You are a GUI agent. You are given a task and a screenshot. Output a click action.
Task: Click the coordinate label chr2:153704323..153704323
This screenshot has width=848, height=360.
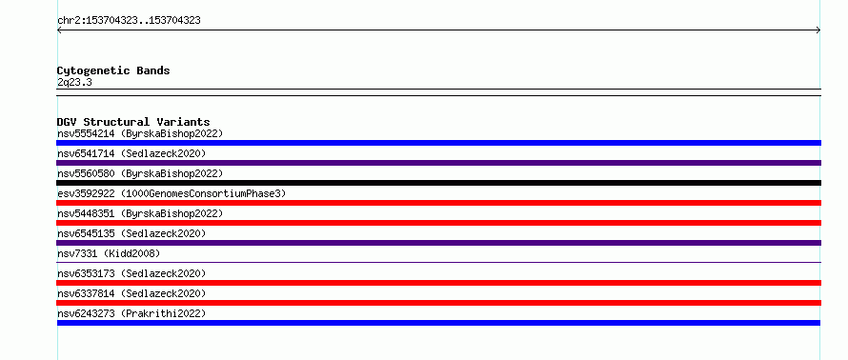pyautogui.click(x=129, y=21)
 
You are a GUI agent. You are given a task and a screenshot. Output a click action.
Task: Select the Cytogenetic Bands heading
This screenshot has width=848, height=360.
pyautogui.click(x=113, y=70)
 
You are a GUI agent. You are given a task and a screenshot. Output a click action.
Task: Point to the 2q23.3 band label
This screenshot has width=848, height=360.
pyautogui.click(x=74, y=83)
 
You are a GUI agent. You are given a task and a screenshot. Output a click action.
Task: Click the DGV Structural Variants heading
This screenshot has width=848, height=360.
pyautogui.click(x=133, y=122)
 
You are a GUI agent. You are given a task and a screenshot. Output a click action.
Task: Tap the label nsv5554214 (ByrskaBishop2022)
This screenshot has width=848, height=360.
pyautogui.click(x=140, y=133)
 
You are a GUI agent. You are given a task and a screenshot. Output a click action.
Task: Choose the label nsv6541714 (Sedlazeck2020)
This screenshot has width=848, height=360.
pyautogui.click(x=131, y=153)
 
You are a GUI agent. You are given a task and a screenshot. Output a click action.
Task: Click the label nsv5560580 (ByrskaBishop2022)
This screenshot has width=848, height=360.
pyautogui.click(x=140, y=173)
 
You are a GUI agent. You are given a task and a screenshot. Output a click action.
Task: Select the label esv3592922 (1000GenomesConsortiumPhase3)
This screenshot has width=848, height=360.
pyautogui.click(x=172, y=193)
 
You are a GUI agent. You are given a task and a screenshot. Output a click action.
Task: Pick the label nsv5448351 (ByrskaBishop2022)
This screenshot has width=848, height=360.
pyautogui.click(x=140, y=213)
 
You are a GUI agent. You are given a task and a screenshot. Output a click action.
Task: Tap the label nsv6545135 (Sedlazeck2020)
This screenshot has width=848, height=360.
pyautogui.click(x=131, y=233)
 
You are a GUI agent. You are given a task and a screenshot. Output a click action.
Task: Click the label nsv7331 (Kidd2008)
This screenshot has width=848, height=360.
pyautogui.click(x=109, y=253)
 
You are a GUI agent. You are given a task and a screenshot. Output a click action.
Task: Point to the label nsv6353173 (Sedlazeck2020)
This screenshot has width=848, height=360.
pyautogui.click(x=131, y=273)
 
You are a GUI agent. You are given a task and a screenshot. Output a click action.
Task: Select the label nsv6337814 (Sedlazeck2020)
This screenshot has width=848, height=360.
pyautogui.click(x=131, y=293)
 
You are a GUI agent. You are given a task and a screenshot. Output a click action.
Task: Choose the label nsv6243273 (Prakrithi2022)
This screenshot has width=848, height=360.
pyautogui.click(x=131, y=313)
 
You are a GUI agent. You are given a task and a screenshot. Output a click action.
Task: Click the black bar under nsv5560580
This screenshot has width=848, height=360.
pyautogui.click(x=438, y=183)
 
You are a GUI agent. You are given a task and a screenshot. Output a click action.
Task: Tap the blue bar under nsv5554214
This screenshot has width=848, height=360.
pyautogui.click(x=438, y=143)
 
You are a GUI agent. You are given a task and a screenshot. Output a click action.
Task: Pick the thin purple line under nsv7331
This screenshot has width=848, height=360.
pyautogui.click(x=438, y=262)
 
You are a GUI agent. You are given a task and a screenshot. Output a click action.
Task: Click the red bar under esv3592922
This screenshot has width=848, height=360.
pyautogui.click(x=438, y=203)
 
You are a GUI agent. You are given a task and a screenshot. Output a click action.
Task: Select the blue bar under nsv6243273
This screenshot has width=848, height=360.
pyautogui.click(x=438, y=323)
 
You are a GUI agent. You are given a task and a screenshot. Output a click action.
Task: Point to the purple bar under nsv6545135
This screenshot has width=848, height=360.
pyautogui.click(x=438, y=243)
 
